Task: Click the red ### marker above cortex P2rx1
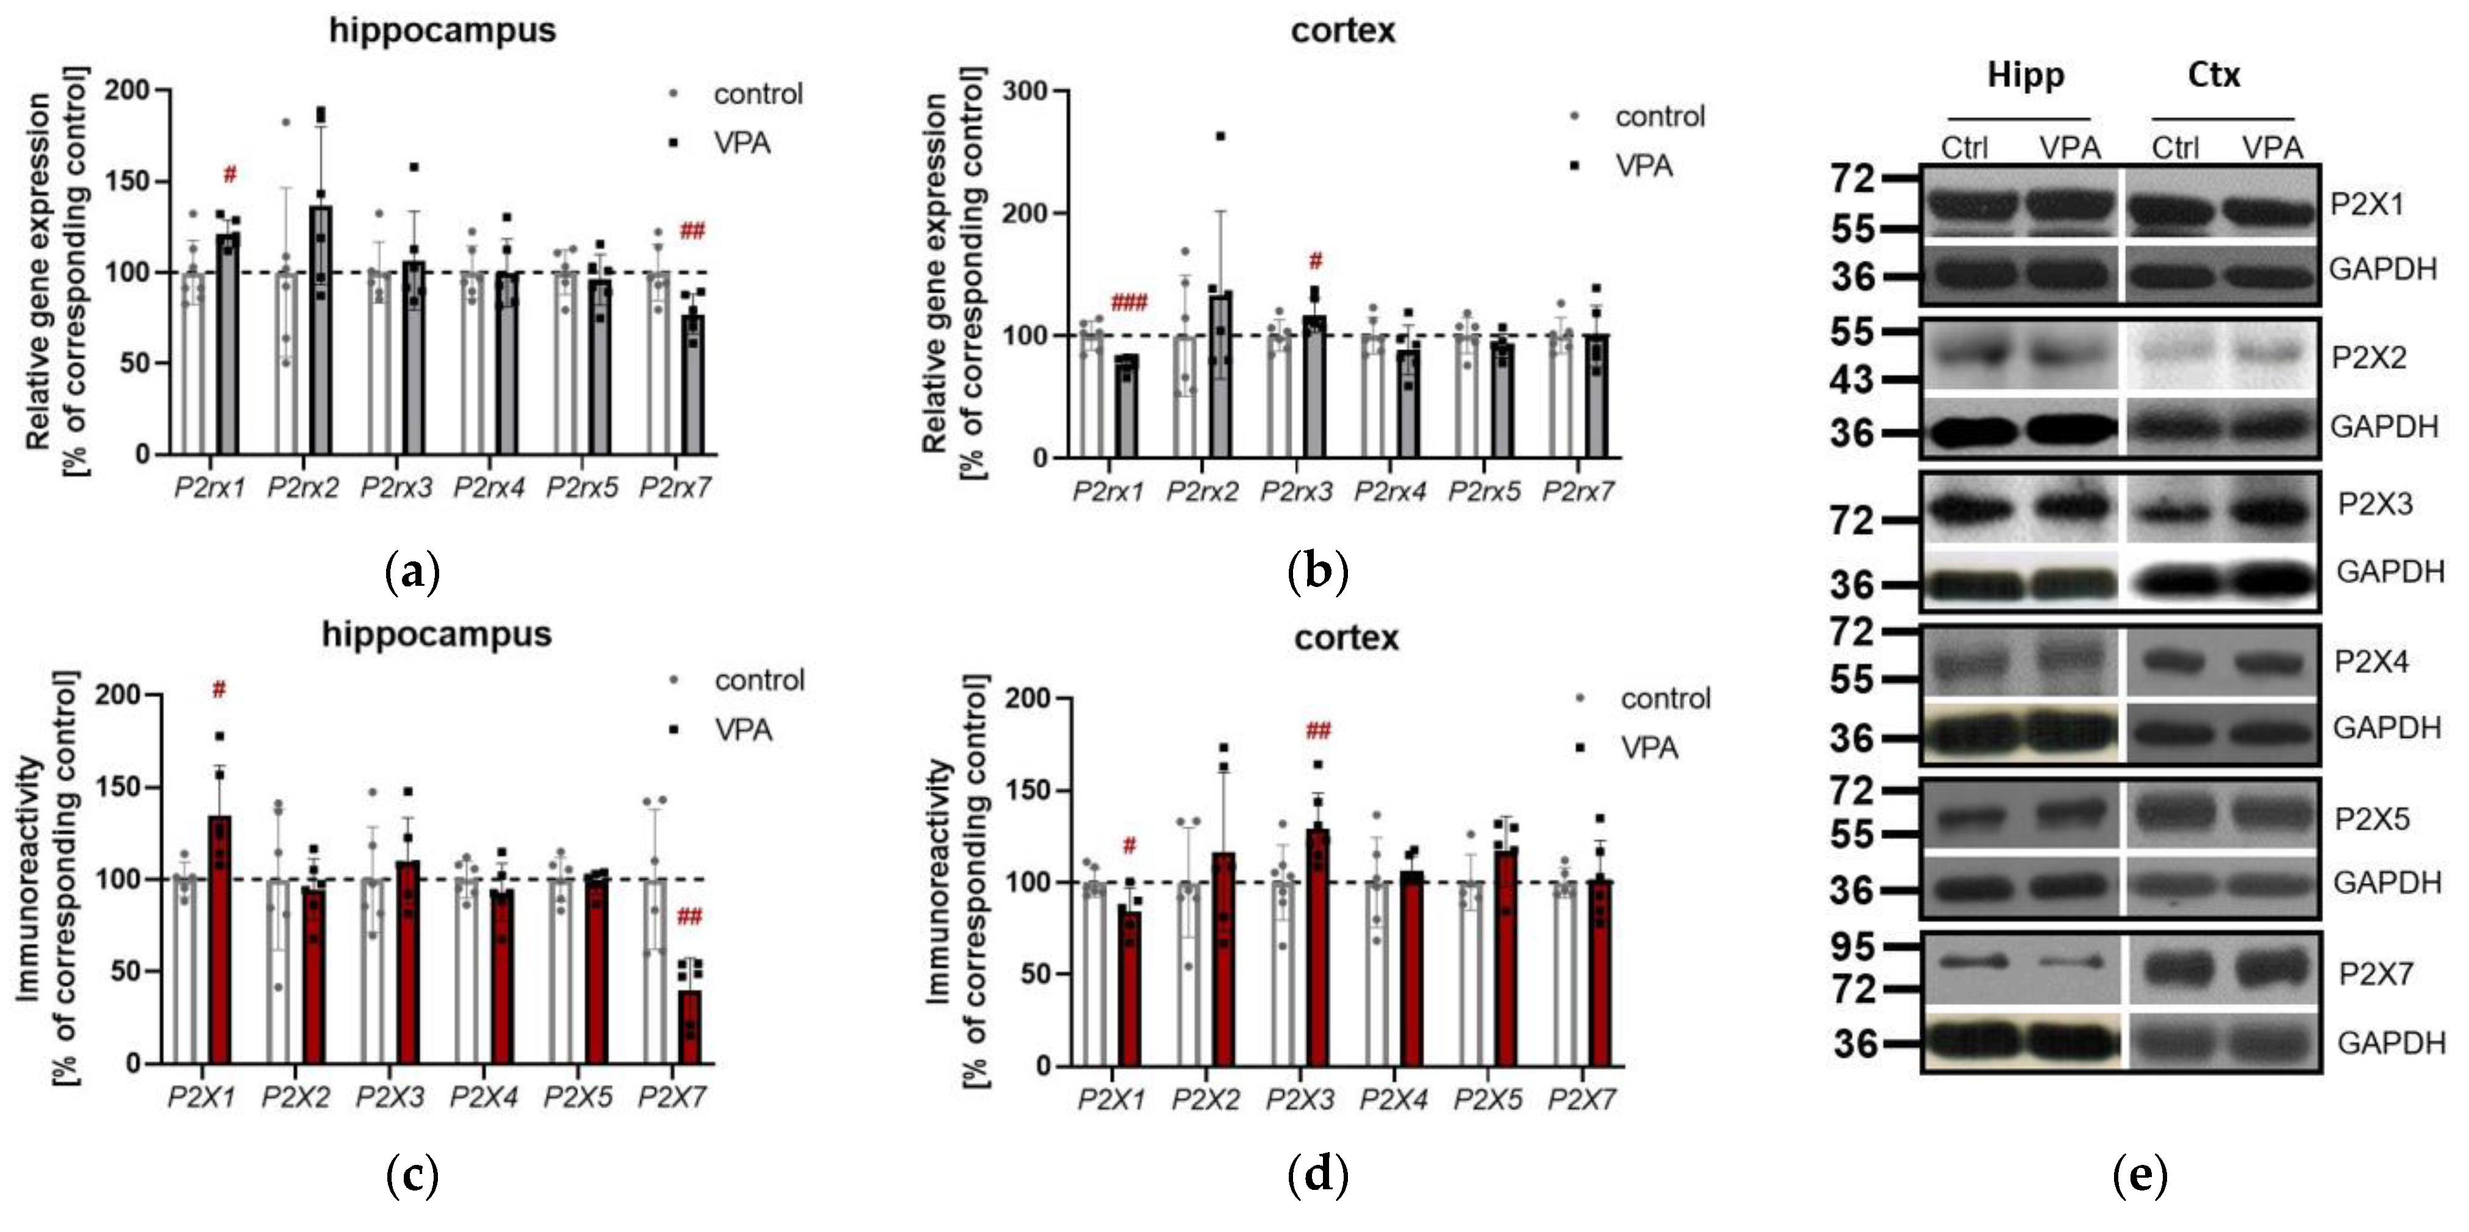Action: coord(1128,304)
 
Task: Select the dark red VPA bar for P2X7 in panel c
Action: coord(690,1026)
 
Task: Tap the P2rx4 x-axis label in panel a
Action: coord(489,489)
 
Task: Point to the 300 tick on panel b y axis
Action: coord(1025,91)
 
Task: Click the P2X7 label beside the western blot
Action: coord(2375,974)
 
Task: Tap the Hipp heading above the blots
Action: coord(2024,75)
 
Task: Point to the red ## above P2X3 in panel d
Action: coord(1318,732)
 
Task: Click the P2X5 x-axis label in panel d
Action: coord(1486,1100)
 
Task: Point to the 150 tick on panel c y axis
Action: coord(119,787)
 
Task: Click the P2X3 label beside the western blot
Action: coord(2374,504)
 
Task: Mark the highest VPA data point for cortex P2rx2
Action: coord(1220,136)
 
